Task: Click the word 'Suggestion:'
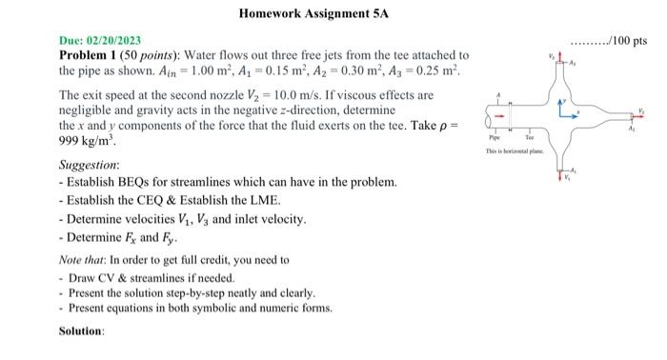click(x=90, y=165)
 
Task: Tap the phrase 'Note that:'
click(x=87, y=259)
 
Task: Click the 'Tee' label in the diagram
click(x=529, y=140)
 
